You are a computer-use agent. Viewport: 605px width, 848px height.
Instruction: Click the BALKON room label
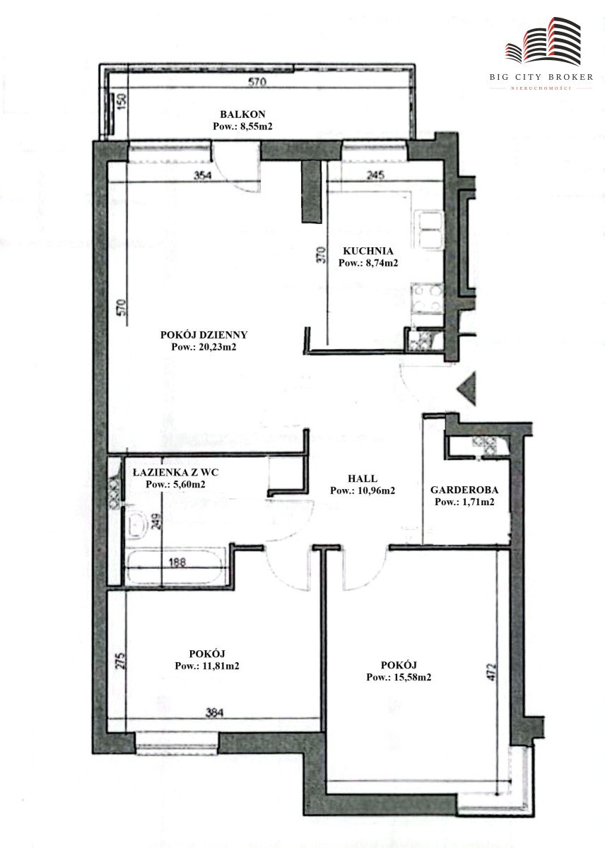[x=242, y=114]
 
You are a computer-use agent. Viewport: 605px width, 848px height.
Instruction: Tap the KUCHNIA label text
[x=368, y=251]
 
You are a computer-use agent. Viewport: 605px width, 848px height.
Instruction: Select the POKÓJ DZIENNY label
[x=204, y=335]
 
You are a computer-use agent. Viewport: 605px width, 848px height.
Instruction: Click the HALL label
[x=363, y=478]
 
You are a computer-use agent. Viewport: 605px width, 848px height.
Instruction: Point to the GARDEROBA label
[x=464, y=490]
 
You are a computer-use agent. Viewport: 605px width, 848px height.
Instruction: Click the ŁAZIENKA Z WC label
[x=176, y=472]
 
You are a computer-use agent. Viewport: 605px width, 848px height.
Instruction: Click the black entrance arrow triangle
[x=466, y=389]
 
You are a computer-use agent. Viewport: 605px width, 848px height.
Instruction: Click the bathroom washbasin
[x=136, y=524]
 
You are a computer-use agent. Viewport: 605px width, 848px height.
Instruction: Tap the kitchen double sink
[x=430, y=230]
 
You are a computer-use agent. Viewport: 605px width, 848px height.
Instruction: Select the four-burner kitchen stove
[x=428, y=299]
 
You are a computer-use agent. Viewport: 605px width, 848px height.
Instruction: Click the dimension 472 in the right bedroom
[x=491, y=671]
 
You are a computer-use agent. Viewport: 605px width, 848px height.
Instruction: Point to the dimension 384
[x=214, y=713]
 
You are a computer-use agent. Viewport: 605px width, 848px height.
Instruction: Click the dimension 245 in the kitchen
[x=375, y=175]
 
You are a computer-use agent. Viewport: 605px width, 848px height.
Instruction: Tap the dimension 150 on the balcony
[x=122, y=102]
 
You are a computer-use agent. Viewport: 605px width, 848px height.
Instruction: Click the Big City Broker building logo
[x=543, y=40]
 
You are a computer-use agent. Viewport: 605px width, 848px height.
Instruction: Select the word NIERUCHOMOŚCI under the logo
[x=541, y=88]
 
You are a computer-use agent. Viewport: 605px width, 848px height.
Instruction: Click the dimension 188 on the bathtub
[x=177, y=562]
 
